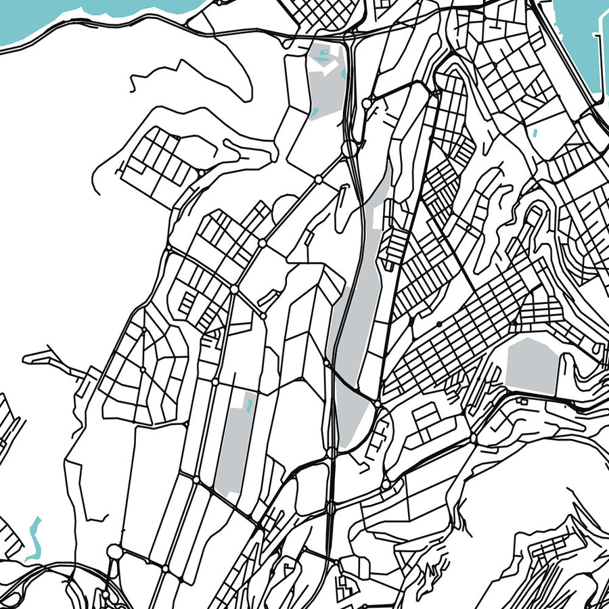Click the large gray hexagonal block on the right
coord(533,365)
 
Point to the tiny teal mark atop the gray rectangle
coord(250,406)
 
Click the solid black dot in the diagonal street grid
coord(439,324)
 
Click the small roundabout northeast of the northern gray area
coord(366,104)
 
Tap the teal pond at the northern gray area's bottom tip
coord(316,112)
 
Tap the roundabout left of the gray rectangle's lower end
coord(196,480)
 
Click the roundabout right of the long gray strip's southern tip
coord(376,405)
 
